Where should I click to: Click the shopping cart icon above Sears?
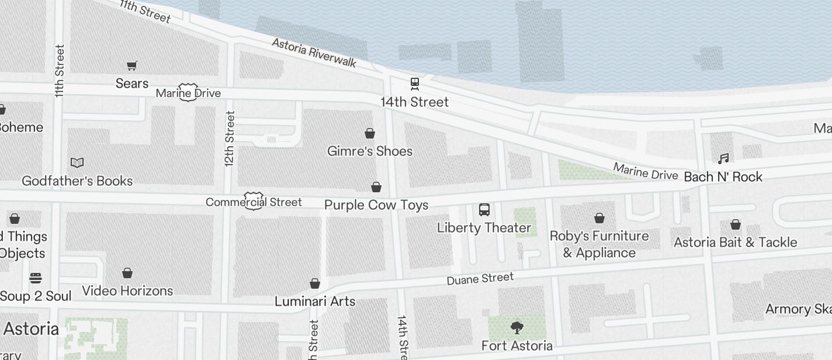[132, 66]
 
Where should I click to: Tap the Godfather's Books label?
[77, 181]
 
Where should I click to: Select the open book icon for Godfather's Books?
[77, 162]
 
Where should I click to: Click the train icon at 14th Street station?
[415, 84]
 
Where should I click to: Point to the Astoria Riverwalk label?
[314, 54]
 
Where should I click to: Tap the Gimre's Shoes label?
[370, 151]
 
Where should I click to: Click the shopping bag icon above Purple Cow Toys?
[376, 187]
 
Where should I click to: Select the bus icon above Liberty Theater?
[484, 210]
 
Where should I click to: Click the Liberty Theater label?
[484, 228]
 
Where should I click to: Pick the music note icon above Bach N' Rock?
[723, 158]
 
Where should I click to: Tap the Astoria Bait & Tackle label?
[735, 242]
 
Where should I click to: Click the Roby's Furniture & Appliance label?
[599, 244]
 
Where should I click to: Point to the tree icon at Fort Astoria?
[516, 327]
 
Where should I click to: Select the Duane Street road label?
[480, 279]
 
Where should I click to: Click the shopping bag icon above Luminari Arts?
[315, 283]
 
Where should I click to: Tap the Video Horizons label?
[127, 291]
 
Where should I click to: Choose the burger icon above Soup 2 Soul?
[36, 278]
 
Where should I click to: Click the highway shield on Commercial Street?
[254, 200]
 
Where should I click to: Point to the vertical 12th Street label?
[230, 139]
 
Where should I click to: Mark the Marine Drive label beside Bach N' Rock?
[645, 172]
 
